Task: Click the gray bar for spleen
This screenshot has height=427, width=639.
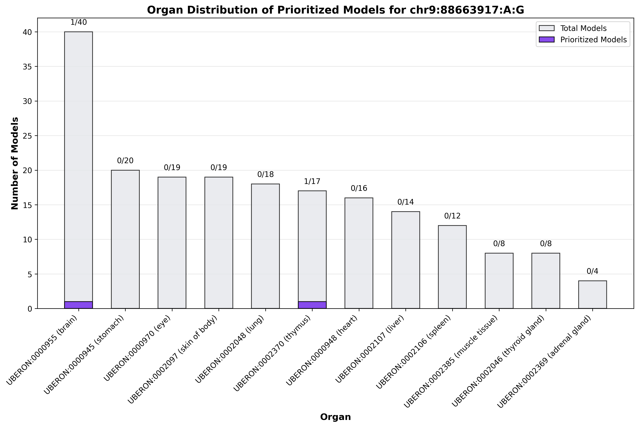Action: click(452, 267)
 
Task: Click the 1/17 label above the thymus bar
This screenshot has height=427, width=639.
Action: click(312, 181)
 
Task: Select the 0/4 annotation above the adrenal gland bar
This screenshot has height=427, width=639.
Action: click(592, 271)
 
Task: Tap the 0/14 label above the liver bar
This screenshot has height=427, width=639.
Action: click(406, 202)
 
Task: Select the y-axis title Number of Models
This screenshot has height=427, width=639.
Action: click(15, 163)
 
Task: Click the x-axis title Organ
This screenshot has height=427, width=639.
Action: click(335, 417)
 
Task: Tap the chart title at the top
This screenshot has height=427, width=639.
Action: click(335, 10)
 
